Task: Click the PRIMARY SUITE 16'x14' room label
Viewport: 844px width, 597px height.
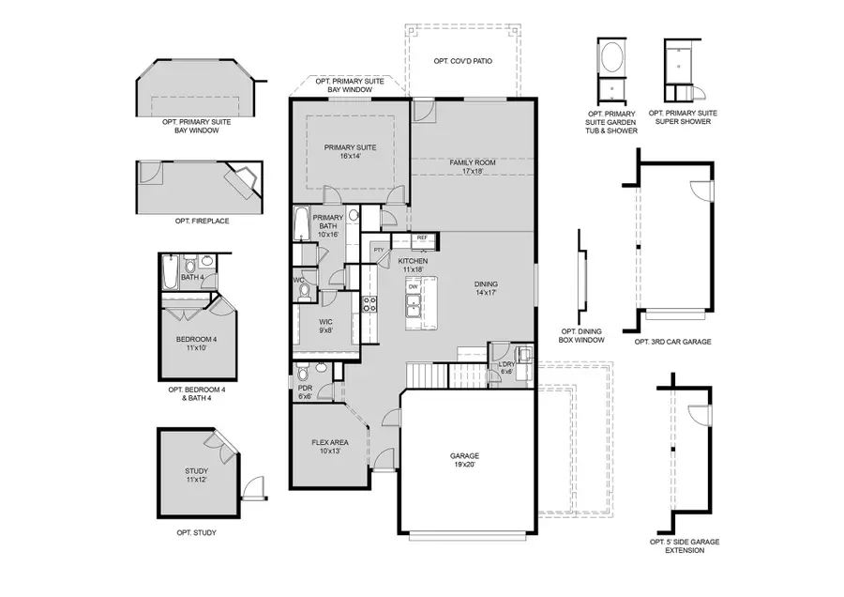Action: [x=351, y=152]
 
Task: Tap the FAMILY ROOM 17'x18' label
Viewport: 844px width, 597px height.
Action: [x=472, y=167]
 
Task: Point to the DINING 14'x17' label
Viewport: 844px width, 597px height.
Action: [x=486, y=288]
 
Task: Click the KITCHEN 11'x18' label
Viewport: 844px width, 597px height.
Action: [x=413, y=265]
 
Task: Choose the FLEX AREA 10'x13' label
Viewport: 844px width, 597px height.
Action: [x=330, y=447]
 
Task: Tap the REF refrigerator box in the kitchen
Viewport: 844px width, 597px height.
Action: [x=422, y=238]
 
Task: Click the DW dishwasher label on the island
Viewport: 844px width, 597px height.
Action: [x=413, y=287]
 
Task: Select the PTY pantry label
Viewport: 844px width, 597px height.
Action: [x=379, y=250]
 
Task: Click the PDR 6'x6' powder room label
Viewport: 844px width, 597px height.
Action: [x=305, y=392]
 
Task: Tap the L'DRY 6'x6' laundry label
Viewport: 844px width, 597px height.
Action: [x=506, y=368]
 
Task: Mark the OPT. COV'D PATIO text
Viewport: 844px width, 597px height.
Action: [x=463, y=61]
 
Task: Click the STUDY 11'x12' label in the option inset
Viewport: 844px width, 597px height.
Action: [x=196, y=476]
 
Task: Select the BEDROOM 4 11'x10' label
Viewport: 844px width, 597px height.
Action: [x=196, y=344]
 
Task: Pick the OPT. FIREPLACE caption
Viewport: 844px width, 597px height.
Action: [x=202, y=221]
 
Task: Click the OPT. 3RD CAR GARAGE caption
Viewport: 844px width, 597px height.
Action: [x=672, y=342]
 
